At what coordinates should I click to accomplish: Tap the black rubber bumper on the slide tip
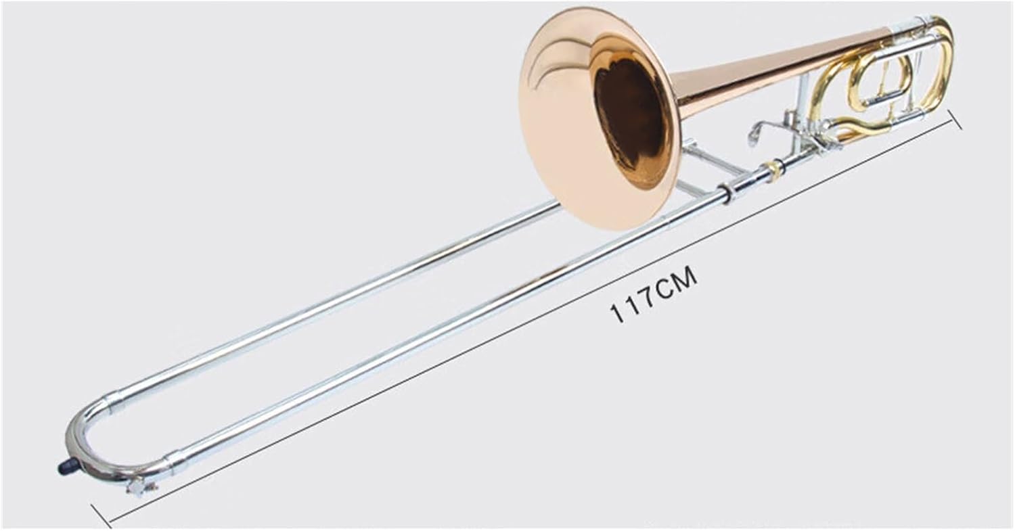pyautogui.click(x=68, y=465)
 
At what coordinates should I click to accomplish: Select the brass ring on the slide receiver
pyautogui.click(x=773, y=170)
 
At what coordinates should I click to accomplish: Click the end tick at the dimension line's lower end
pyautogui.click(x=101, y=515)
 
